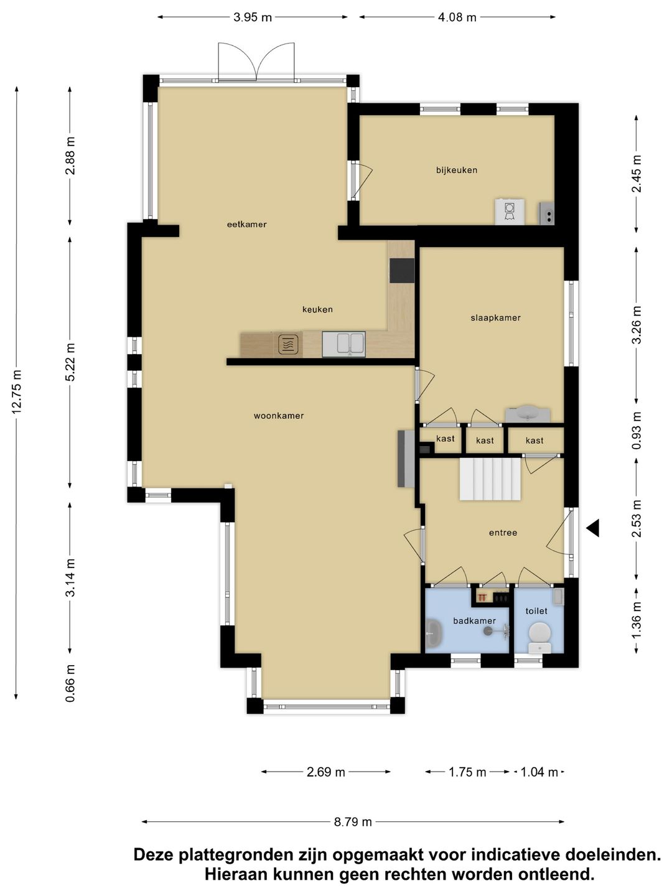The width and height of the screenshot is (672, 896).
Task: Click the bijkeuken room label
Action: tap(457, 170)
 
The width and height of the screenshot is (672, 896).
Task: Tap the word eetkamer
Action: tap(246, 224)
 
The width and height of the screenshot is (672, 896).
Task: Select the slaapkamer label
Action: tap(495, 317)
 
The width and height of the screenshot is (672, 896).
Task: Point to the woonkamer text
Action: tap(279, 416)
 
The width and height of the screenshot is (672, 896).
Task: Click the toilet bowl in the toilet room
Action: tap(540, 637)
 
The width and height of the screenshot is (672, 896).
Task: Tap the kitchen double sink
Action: tap(343, 344)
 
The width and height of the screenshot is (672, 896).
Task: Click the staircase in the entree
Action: tap(490, 479)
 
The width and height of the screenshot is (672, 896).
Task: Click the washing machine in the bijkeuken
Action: tap(510, 212)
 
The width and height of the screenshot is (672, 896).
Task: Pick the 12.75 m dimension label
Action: tap(17, 392)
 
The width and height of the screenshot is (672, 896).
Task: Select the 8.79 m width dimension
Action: tap(353, 822)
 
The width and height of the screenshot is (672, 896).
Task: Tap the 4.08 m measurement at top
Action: tap(457, 17)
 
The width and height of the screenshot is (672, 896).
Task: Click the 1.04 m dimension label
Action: tap(539, 772)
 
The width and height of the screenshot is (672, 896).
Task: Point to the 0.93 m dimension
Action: tap(637, 430)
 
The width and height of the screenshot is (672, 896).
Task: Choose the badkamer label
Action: tap(474, 620)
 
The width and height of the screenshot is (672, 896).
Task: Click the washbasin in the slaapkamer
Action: tap(528, 414)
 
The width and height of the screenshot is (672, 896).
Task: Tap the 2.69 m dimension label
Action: tap(325, 772)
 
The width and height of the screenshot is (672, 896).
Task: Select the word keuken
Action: tap(317, 309)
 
